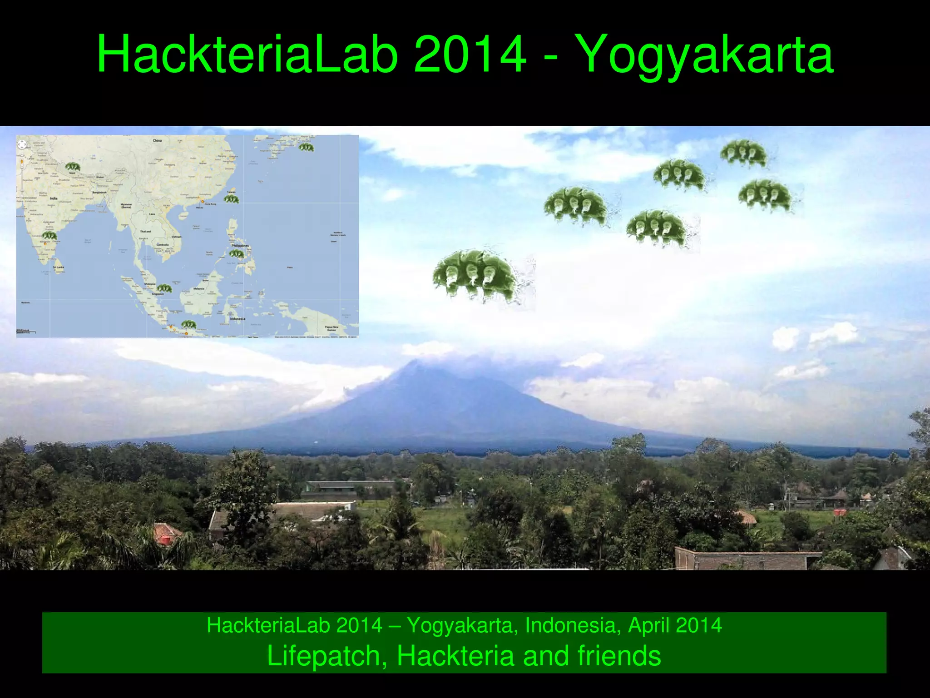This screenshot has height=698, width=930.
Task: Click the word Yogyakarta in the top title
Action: click(x=707, y=55)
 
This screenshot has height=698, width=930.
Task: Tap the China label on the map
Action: click(x=157, y=140)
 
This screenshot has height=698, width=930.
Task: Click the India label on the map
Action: click(x=54, y=198)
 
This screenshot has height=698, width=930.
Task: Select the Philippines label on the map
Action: click(x=240, y=246)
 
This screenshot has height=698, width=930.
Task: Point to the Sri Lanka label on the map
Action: click(x=59, y=267)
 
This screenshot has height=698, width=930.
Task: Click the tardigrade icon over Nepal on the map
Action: click(x=72, y=167)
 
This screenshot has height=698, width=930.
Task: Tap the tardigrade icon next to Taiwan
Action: click(x=231, y=199)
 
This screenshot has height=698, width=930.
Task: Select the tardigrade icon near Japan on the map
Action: click(x=306, y=147)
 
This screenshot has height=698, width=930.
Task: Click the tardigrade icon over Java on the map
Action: click(x=188, y=324)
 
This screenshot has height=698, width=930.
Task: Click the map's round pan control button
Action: click(x=22, y=144)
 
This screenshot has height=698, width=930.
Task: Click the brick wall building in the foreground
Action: click(x=745, y=560)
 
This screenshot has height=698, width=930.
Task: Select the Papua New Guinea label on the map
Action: click(x=331, y=328)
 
